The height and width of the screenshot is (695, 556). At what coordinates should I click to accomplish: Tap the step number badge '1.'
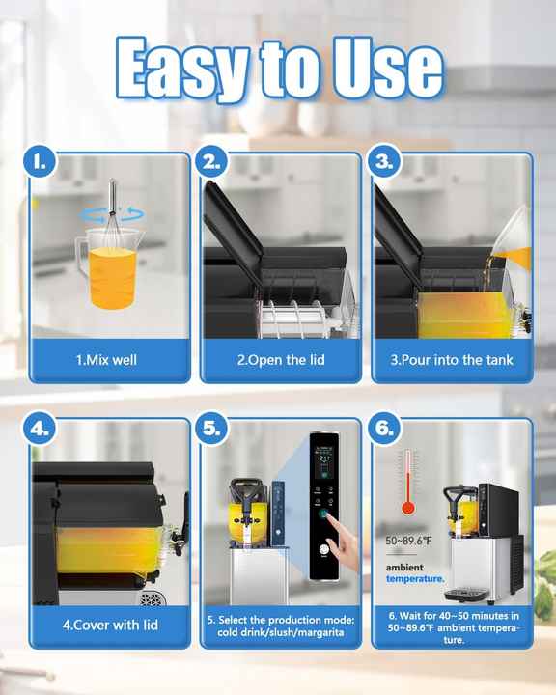(x=41, y=161)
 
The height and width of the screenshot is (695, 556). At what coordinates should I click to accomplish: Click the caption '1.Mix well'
(x=106, y=360)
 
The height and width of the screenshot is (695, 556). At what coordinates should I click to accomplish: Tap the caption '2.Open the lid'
(x=278, y=360)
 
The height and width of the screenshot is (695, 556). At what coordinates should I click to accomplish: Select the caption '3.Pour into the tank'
(x=451, y=360)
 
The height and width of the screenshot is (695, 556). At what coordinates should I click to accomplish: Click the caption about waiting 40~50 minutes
(x=451, y=625)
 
